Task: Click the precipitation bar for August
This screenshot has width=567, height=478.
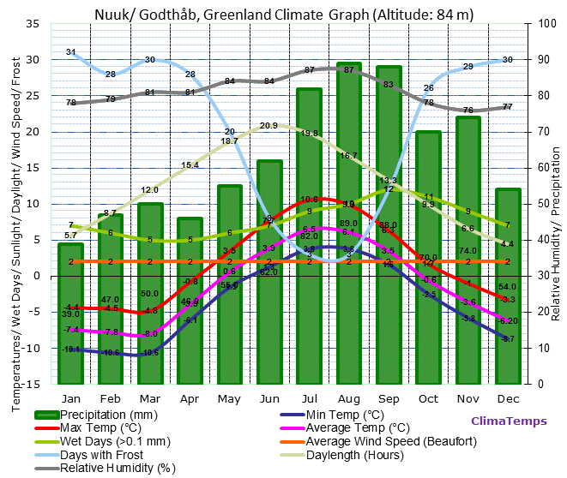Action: tap(349, 223)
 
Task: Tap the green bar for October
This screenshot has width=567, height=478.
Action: tap(428, 257)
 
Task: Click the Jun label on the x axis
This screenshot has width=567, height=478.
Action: tap(268, 398)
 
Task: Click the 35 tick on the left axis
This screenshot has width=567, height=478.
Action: tap(33, 23)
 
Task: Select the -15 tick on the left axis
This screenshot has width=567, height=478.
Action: tap(30, 384)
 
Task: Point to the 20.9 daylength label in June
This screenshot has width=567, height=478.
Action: tap(268, 126)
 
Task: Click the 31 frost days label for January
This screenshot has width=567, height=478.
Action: tap(71, 52)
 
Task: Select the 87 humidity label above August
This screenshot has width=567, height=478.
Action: tap(349, 70)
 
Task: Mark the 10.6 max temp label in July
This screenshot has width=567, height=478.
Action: tap(309, 200)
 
